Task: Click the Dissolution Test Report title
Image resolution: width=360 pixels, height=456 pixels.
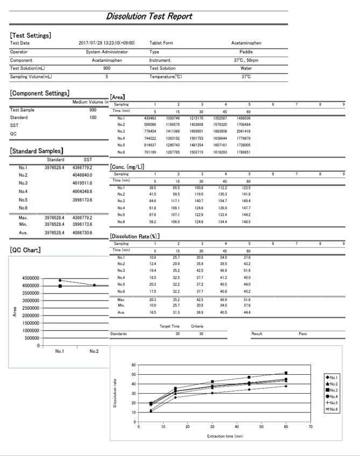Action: click(x=149, y=16)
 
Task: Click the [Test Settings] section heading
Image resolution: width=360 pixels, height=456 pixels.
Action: click(x=31, y=35)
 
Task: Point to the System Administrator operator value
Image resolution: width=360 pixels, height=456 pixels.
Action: click(x=107, y=52)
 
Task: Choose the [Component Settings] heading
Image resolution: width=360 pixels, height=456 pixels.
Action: click(x=39, y=94)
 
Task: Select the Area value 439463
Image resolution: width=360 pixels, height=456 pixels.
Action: click(x=150, y=118)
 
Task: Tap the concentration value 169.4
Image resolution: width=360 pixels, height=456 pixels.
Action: click(x=248, y=201)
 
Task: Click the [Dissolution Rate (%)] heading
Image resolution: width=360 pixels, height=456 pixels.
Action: click(x=135, y=236)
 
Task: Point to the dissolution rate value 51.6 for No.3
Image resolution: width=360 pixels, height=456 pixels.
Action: click(x=248, y=270)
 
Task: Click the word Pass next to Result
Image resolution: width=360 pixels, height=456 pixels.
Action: click(x=303, y=334)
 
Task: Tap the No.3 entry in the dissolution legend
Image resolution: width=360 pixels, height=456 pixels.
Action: click(x=333, y=390)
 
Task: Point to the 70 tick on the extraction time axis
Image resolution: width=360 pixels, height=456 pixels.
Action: click(x=310, y=426)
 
